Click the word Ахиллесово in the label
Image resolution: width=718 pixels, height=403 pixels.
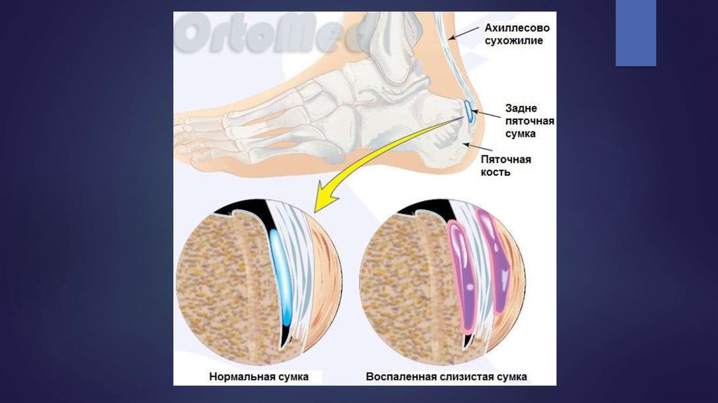pos(517,28)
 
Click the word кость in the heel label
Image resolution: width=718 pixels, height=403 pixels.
pos(495,172)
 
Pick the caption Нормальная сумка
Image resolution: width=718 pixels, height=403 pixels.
pos(259,376)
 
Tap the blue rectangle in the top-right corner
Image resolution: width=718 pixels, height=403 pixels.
pos(635,33)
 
